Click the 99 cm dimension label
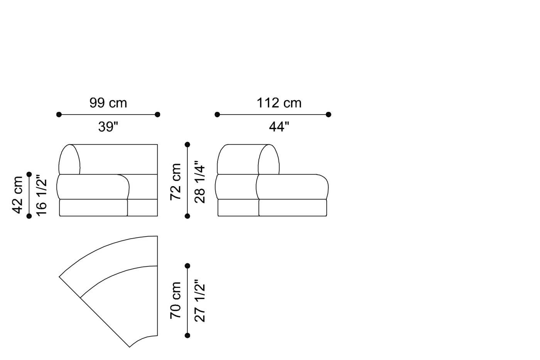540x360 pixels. [x=108, y=103]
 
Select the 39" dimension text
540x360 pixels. [x=108, y=126]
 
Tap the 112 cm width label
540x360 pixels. [x=279, y=103]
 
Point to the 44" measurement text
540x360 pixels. [x=279, y=126]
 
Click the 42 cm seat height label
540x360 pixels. [x=17, y=195]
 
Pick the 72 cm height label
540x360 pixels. [x=175, y=182]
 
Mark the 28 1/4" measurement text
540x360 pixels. [x=199, y=182]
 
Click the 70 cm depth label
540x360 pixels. [x=175, y=300]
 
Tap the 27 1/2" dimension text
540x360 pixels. [x=199, y=301]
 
